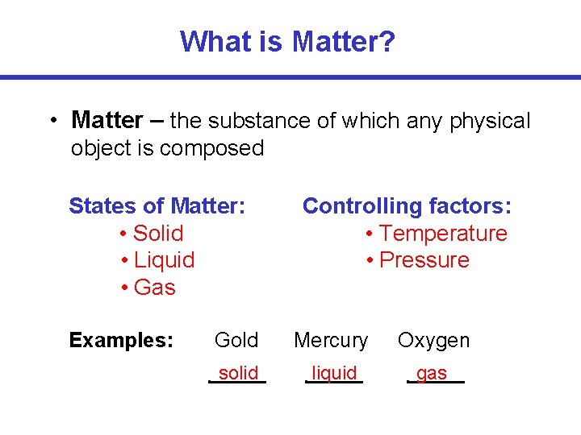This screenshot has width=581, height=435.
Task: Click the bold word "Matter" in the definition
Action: (x=107, y=121)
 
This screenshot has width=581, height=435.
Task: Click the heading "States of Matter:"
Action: (x=157, y=206)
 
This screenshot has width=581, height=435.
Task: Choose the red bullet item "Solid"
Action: (x=158, y=234)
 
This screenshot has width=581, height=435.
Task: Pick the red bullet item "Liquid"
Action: (x=164, y=260)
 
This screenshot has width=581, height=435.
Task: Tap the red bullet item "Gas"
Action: (x=154, y=288)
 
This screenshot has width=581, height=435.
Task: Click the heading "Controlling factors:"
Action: (x=407, y=206)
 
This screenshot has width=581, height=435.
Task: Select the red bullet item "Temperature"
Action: (x=443, y=234)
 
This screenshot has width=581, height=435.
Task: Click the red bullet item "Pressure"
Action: (x=424, y=260)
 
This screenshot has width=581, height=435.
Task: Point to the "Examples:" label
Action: (x=121, y=341)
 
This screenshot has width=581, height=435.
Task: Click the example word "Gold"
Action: (x=236, y=341)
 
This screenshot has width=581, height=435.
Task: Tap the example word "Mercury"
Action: (x=331, y=341)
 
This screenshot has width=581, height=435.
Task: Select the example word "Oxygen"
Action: (x=433, y=341)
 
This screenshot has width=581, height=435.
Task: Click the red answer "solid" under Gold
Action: (x=239, y=373)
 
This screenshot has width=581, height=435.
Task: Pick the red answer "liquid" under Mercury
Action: (x=334, y=373)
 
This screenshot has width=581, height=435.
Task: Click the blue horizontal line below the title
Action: (x=290, y=77)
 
